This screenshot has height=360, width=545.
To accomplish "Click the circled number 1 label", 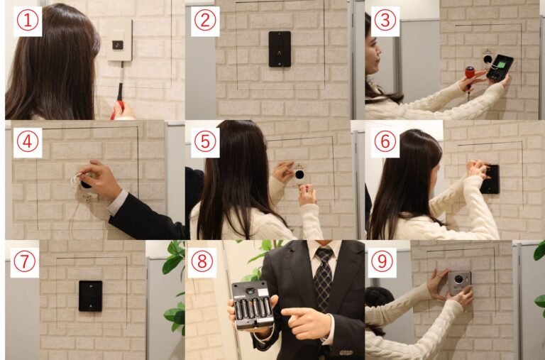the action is pos(28,21).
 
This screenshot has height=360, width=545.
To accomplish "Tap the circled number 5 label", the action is pos(205,142).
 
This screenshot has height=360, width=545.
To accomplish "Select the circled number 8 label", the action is pos(202,262).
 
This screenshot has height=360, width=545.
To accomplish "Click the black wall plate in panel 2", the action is pos(280,49).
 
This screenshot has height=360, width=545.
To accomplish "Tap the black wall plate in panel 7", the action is pos(90,296).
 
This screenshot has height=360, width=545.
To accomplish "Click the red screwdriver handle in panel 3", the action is pos(470,72).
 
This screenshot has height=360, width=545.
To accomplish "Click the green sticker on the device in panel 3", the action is pos(500,65).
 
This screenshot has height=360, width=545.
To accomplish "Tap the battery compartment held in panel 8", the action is pos(253,305).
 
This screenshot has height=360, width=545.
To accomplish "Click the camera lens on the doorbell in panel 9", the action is pos(459,279).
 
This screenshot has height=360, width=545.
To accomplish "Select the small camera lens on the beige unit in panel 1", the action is pos(118,45).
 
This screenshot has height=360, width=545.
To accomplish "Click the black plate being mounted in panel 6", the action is pos(490,180).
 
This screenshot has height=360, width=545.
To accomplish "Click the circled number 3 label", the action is pos(385,21).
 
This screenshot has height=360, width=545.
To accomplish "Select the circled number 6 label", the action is pos(385,142).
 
